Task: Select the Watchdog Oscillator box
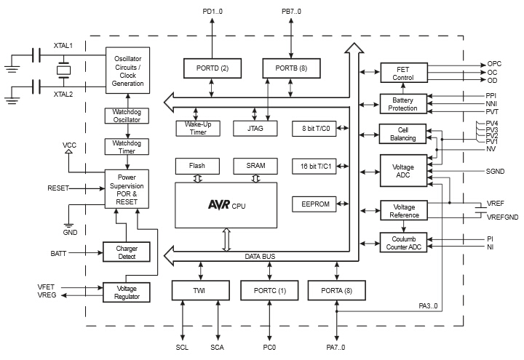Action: point(127,116)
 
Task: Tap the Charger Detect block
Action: point(127,252)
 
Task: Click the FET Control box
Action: point(403,73)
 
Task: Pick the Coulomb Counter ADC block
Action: point(403,243)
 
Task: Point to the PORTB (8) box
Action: point(285,68)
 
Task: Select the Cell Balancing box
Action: point(403,134)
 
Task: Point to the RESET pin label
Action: point(59,188)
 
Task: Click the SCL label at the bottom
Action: point(182,348)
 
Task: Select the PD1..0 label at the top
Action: point(213,12)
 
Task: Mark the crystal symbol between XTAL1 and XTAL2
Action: point(63,71)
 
